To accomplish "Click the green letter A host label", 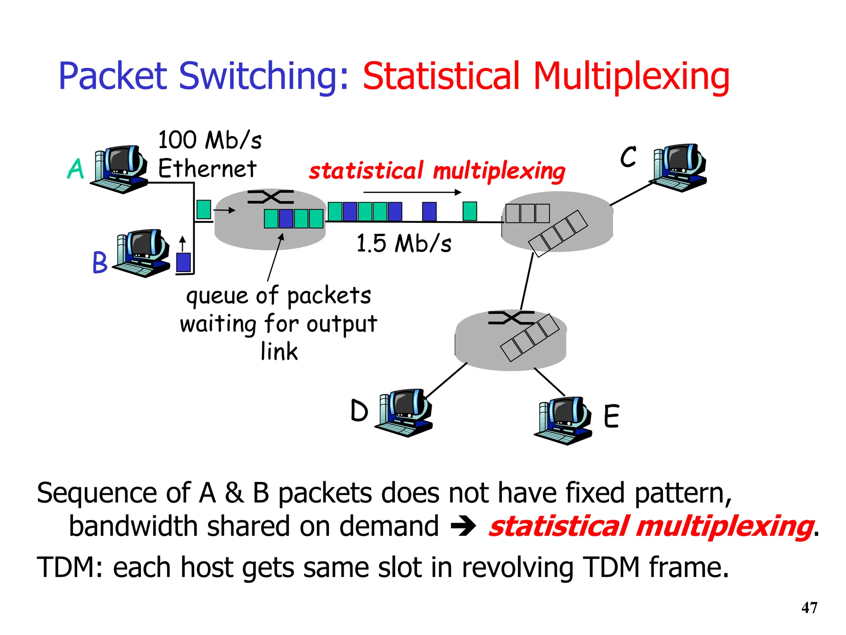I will click(x=76, y=169).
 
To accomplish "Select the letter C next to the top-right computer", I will click(x=628, y=157).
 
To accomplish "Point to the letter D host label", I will click(x=359, y=411).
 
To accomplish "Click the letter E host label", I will click(x=611, y=416).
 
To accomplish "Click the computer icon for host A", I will click(x=120, y=169).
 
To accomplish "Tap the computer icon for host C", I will click(x=678, y=167).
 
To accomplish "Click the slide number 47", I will click(x=809, y=608).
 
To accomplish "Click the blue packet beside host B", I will click(x=183, y=262).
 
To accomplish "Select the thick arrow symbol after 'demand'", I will click(x=463, y=527).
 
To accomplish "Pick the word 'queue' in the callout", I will click(x=216, y=296).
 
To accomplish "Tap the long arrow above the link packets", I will click(x=412, y=192).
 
